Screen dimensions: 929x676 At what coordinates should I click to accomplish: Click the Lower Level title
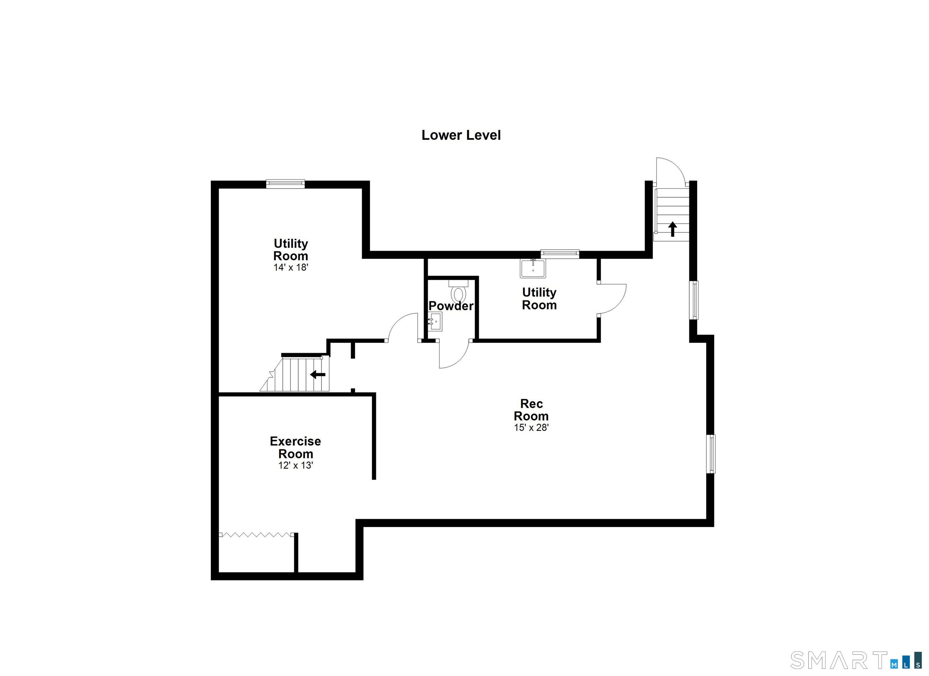click(x=461, y=135)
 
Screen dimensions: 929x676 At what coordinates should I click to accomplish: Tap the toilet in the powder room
click(x=458, y=291)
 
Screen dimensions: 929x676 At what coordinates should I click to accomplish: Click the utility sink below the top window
click(x=533, y=268)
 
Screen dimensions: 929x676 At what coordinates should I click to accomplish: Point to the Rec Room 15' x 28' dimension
click(x=531, y=428)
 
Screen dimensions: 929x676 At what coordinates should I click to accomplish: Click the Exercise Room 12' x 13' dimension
click(x=296, y=465)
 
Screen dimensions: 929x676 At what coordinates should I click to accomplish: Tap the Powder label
click(x=451, y=306)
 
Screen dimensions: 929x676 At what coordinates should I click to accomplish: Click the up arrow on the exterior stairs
click(x=672, y=229)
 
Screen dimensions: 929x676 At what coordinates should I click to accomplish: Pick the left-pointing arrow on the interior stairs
click(x=318, y=374)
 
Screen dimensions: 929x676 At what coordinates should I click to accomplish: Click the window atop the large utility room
click(x=285, y=184)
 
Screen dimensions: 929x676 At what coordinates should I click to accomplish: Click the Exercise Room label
click(x=295, y=447)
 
